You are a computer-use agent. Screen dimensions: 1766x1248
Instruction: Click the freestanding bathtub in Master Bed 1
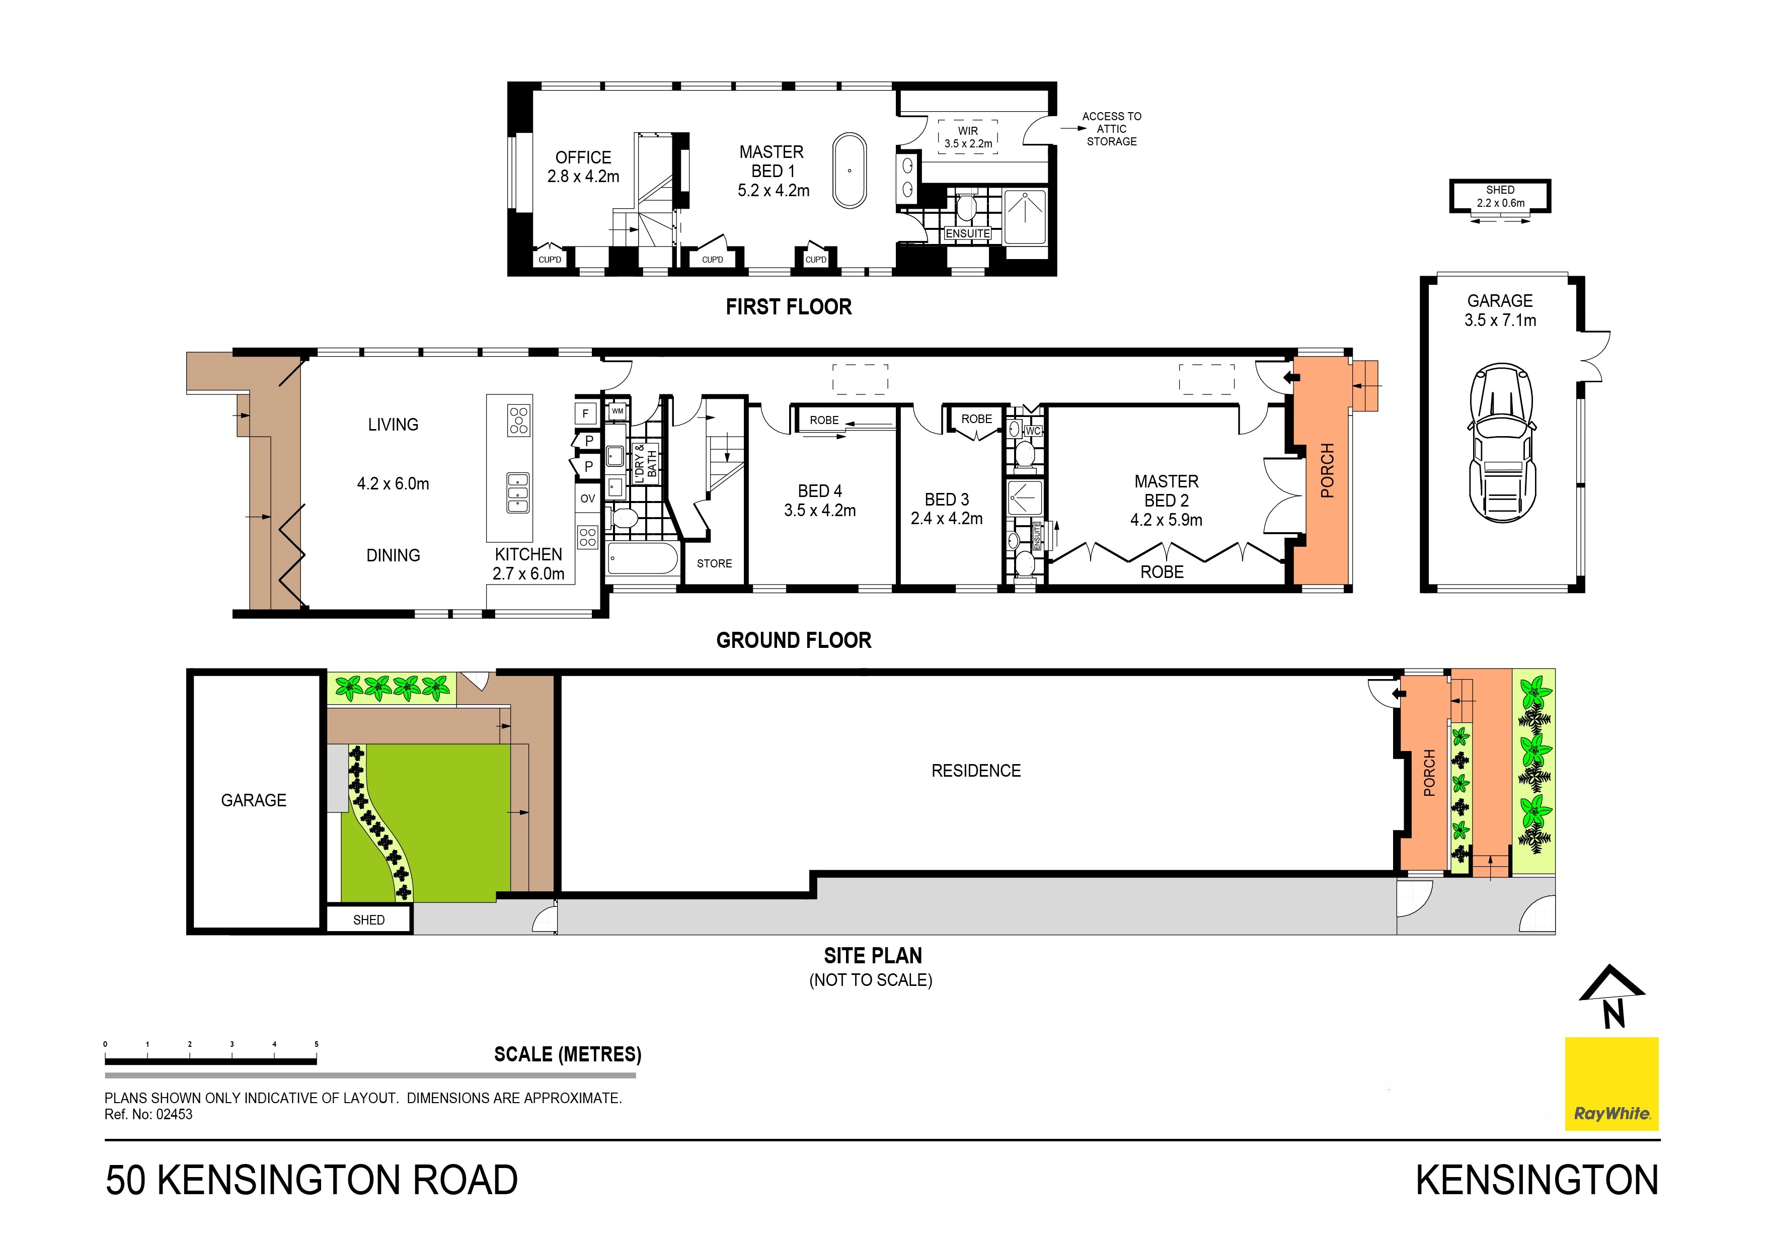point(850,171)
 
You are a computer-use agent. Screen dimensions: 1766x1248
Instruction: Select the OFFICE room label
point(583,157)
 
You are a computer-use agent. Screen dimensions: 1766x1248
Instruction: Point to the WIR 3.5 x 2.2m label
point(968,137)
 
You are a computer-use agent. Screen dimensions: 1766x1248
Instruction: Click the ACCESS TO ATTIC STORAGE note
point(1111,129)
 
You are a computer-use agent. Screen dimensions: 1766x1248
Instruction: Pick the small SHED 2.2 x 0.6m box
point(1500,196)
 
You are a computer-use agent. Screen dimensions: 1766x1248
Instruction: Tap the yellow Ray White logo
point(1611,1084)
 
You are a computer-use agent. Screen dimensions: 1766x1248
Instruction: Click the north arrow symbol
point(1612,996)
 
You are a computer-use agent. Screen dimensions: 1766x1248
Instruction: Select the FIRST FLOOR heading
point(789,307)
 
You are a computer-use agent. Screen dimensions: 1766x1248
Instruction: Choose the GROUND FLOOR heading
point(794,640)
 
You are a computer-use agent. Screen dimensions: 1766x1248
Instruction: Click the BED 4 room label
point(820,490)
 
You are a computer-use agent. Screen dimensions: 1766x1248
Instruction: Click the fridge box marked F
point(585,413)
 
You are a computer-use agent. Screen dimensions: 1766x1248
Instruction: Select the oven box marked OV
point(588,498)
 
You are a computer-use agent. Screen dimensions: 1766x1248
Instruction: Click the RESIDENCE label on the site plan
point(976,771)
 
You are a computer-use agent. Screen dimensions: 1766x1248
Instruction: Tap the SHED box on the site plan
point(369,920)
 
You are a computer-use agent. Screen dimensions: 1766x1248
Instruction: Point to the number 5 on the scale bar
point(316,1044)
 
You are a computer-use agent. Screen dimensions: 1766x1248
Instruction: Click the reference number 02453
point(175,1114)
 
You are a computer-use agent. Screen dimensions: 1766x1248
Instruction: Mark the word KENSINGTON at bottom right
point(1537,1180)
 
